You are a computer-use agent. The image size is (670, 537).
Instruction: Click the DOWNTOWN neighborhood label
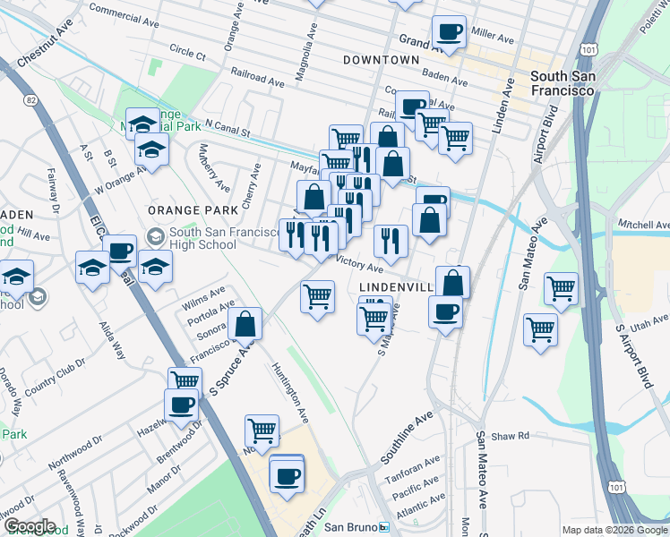point(381,60)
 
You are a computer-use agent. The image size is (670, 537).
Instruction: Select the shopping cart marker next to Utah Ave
point(540,329)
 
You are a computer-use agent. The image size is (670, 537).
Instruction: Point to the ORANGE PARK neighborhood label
point(193,210)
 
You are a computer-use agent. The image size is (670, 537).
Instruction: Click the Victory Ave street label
point(359,263)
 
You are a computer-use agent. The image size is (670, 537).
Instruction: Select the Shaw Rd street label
point(510,436)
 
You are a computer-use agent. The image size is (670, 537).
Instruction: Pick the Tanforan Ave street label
point(412,470)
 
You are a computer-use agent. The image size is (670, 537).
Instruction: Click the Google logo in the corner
point(29,526)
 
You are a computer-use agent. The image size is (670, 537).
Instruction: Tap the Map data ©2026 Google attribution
point(614,530)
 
